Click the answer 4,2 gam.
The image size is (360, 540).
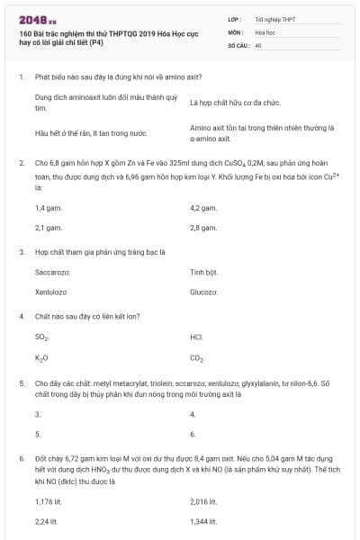pos(204,208)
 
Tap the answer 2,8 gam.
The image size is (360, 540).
pos(204,228)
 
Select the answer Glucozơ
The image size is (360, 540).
pos(204,292)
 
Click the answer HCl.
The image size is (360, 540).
pos(196,337)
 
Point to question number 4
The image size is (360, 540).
pos(21,316)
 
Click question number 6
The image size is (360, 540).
pos(21,458)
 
